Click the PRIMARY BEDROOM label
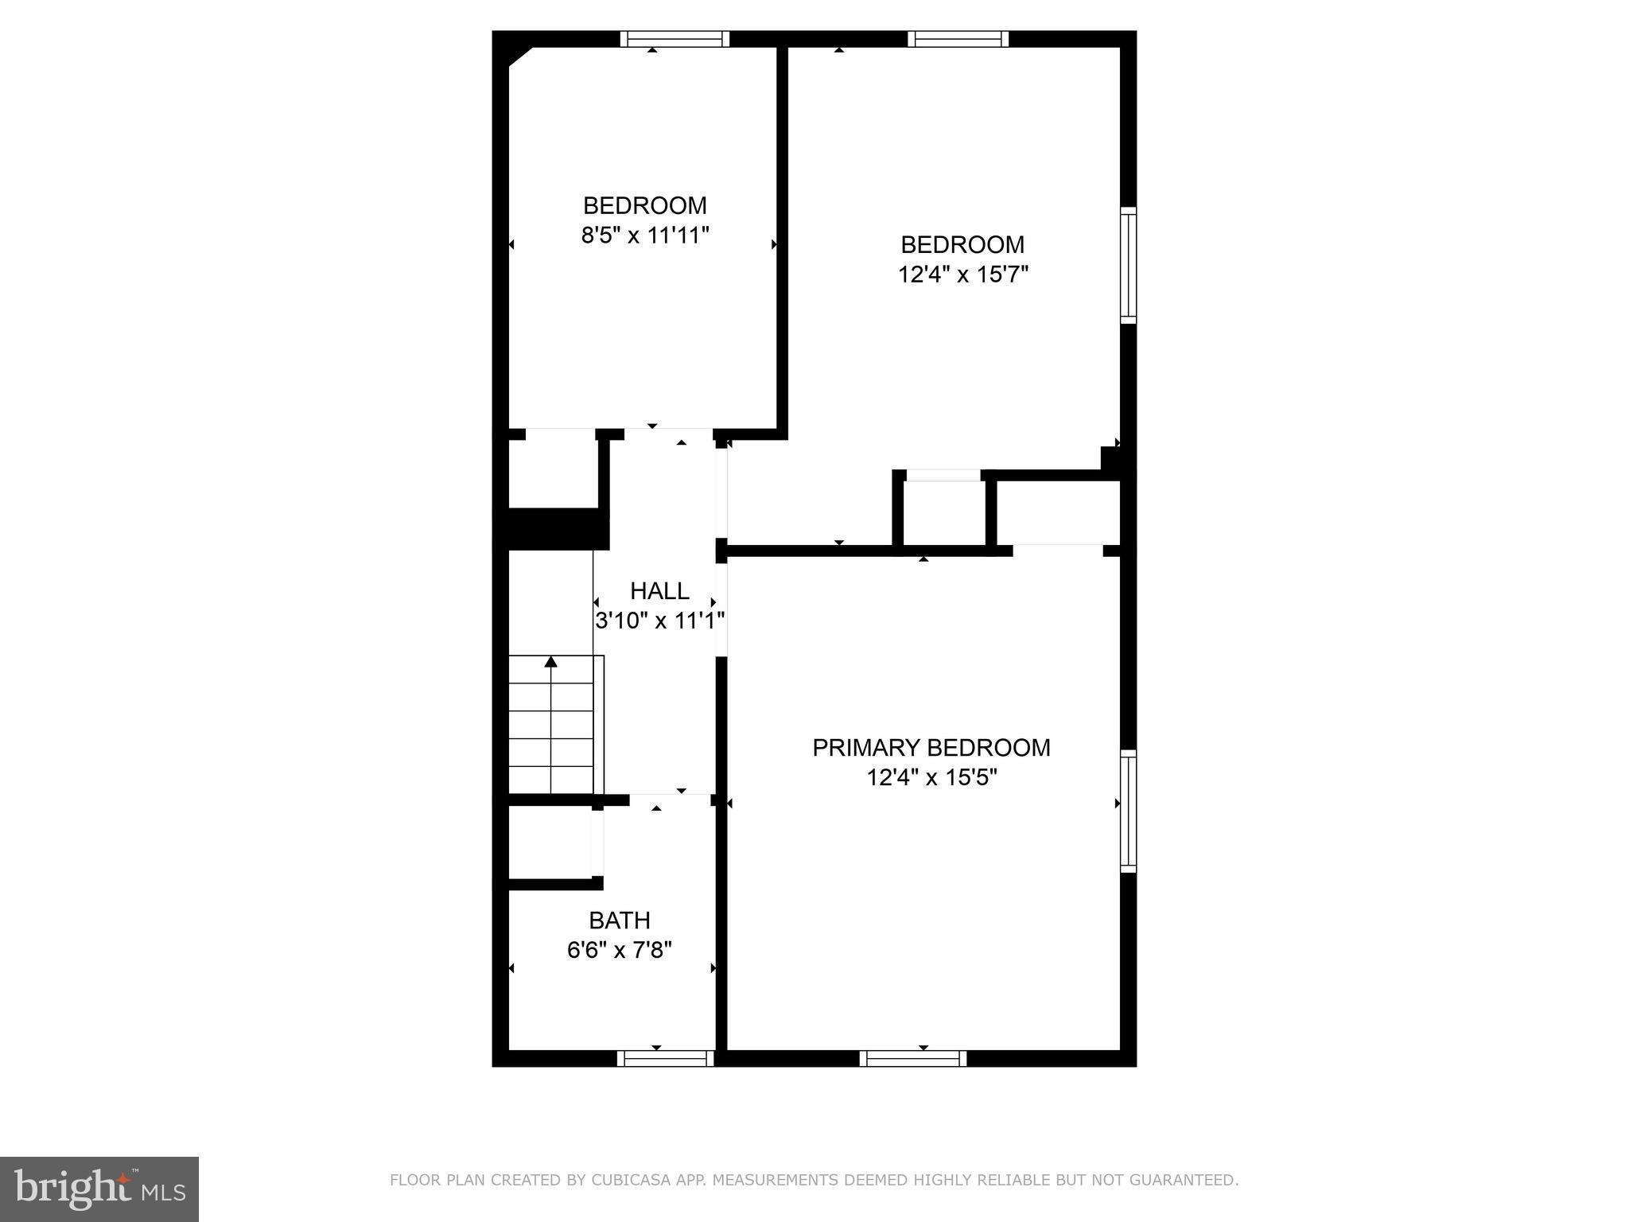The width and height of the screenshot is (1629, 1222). point(931,748)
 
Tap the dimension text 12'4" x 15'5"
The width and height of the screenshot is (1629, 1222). point(931,777)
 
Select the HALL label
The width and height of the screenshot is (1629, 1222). point(659,591)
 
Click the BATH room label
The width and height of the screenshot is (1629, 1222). point(620,920)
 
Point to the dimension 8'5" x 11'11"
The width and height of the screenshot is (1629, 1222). point(644,235)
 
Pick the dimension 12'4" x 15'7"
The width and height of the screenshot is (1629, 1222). point(962,274)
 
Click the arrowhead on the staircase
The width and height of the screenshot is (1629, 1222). point(550,661)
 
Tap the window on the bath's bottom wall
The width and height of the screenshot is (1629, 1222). point(665,1057)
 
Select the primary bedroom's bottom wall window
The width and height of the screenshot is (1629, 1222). point(912,1057)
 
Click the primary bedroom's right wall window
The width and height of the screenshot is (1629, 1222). point(1128,811)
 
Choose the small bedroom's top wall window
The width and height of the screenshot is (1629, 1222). point(675,39)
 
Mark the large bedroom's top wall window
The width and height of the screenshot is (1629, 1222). point(958,39)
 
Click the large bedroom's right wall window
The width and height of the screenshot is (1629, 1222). point(1128,265)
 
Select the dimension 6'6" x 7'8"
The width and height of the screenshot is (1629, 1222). point(620,950)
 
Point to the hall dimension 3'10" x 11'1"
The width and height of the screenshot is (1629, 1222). point(659,621)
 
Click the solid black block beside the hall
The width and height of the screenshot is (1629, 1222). point(557,529)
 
